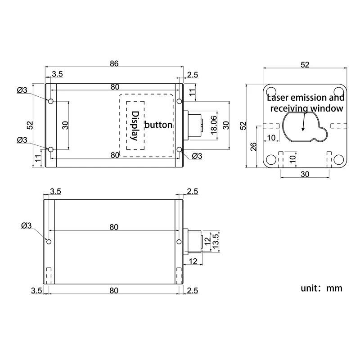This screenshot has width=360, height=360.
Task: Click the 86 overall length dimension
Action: pyautogui.click(x=114, y=64)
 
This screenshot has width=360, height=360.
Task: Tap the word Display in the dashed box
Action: pyautogui.click(x=134, y=126)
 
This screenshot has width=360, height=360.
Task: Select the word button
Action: pyautogui.click(x=158, y=125)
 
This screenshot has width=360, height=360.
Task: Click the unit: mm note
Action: pyautogui.click(x=321, y=288)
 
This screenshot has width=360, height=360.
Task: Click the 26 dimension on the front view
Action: pyautogui.click(x=253, y=147)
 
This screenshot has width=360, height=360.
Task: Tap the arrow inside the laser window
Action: pyautogui.click(x=304, y=122)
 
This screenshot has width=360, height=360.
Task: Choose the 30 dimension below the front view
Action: pyautogui.click(x=305, y=175)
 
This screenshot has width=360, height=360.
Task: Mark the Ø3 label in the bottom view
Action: pyautogui.click(x=27, y=225)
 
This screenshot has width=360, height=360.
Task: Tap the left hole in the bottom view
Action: pyautogui.click(x=49, y=242)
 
